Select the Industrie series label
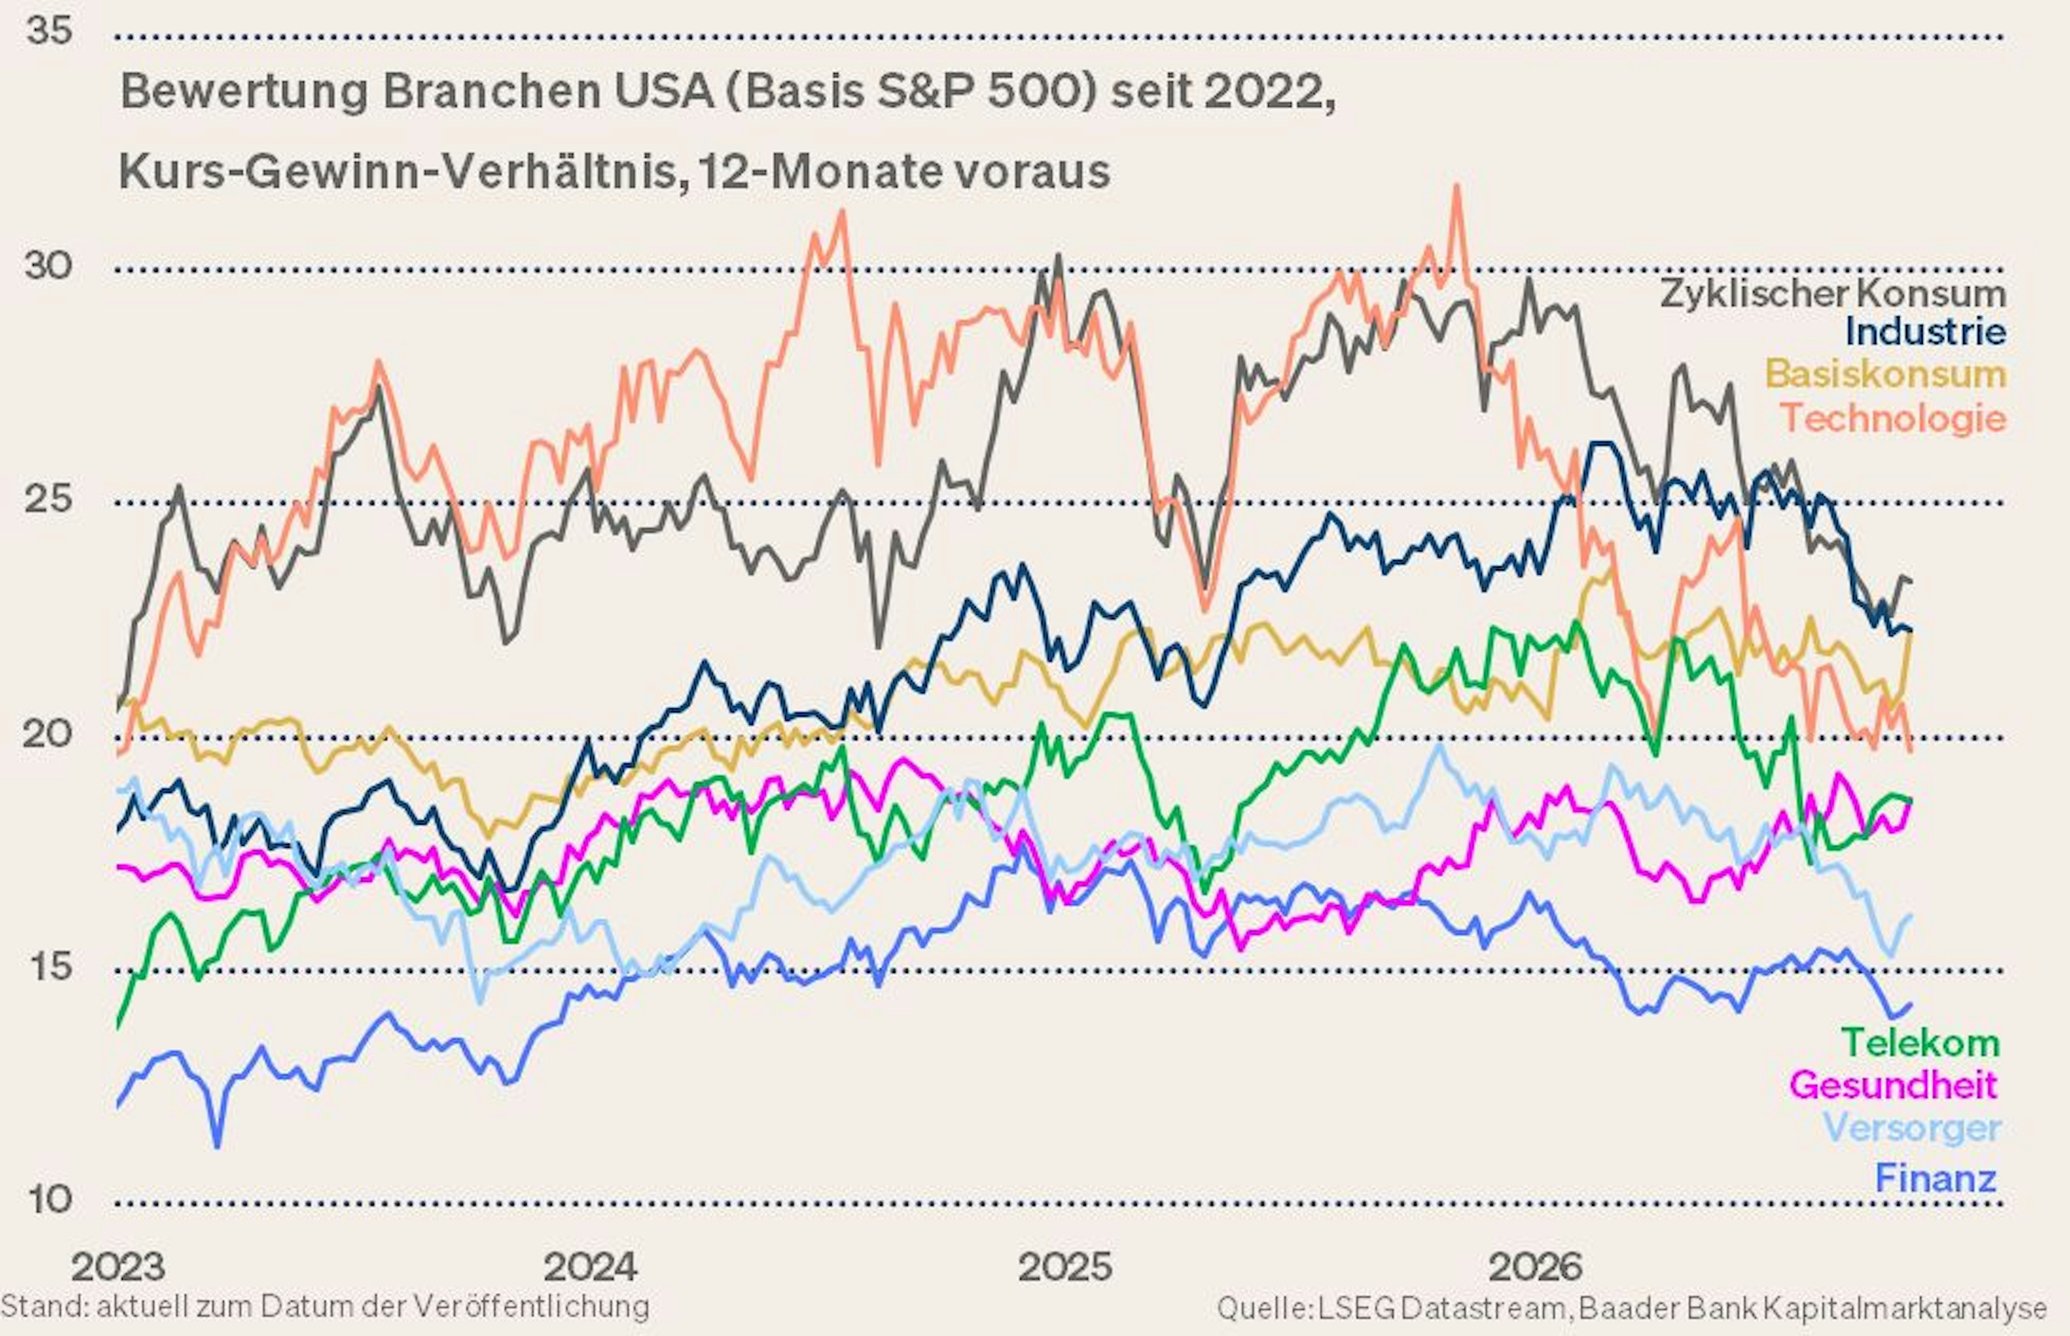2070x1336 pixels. [1925, 331]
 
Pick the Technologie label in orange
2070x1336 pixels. [1894, 418]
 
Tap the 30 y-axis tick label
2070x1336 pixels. [49, 266]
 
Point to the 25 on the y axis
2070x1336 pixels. [49, 500]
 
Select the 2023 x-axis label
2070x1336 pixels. [118, 1268]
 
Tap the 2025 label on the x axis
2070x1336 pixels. [1065, 1268]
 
